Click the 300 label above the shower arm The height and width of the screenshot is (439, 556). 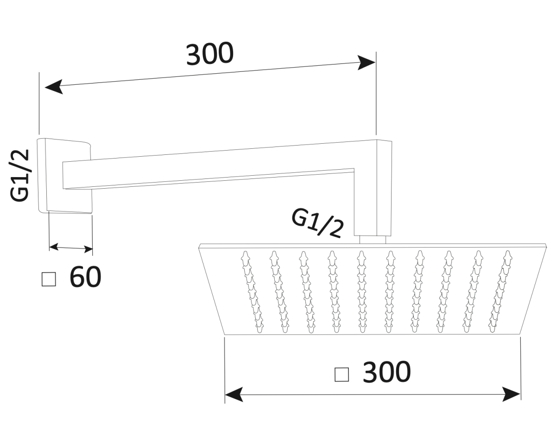pos(210,54)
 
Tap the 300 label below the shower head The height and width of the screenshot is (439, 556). pos(386,372)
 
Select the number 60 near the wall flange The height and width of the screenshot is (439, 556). pos(85,277)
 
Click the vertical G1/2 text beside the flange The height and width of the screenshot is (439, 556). pos(20,175)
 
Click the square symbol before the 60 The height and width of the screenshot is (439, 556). pos(49,279)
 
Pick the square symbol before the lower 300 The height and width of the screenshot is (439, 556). pos(342,374)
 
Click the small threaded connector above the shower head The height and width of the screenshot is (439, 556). pos(373,239)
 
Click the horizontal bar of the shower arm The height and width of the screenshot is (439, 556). pos(208,169)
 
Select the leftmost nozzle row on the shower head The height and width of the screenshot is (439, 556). pos(252,292)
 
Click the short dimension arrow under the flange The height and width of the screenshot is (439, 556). pos(71,248)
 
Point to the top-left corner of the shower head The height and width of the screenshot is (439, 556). pos(199,246)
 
